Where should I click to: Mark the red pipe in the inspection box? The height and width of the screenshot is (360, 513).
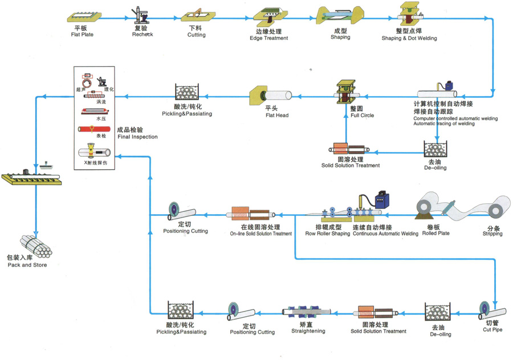pyautogui.click(x=94, y=129)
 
